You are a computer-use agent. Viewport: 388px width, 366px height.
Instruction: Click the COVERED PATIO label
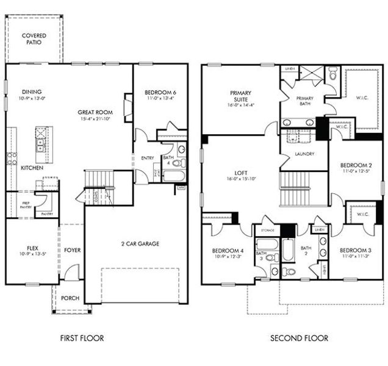(x=34, y=40)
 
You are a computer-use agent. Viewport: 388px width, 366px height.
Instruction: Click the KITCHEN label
(x=31, y=167)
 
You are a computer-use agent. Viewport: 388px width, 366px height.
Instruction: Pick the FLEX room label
(x=32, y=248)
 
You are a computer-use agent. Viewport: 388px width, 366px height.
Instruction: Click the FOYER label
(x=72, y=250)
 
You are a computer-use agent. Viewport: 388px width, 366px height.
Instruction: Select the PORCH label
(x=71, y=297)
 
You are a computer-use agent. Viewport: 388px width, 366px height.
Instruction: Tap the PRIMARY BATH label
(x=304, y=102)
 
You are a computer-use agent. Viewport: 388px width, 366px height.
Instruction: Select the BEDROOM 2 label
(x=356, y=165)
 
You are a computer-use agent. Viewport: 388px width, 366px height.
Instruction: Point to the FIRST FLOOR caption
(x=82, y=338)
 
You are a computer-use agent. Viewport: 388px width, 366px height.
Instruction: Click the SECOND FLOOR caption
(x=300, y=338)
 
